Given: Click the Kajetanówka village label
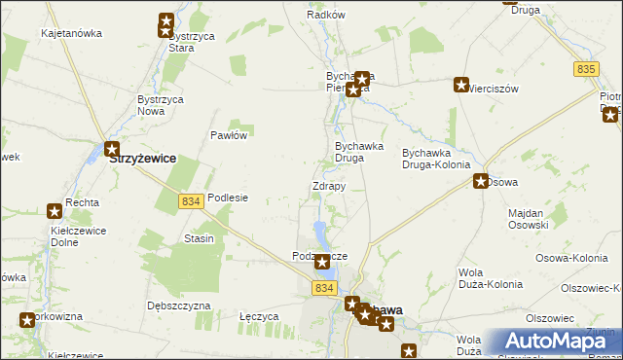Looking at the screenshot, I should click(x=71, y=33).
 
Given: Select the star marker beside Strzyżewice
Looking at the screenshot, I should click(x=111, y=150).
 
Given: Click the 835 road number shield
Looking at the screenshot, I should click(x=585, y=68).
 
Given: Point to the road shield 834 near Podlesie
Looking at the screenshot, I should click(x=191, y=200).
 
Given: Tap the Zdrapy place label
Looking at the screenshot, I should click(x=328, y=186).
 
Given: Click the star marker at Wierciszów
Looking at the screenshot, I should click(x=461, y=85).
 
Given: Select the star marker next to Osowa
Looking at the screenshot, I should click(x=481, y=181).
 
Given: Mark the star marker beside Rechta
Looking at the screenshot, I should click(x=55, y=210).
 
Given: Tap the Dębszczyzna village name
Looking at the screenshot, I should click(x=178, y=305).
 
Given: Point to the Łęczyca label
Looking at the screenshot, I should click(x=259, y=316).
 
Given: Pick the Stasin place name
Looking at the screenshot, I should click(x=199, y=238).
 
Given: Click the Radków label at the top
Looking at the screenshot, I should click(x=326, y=16).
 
